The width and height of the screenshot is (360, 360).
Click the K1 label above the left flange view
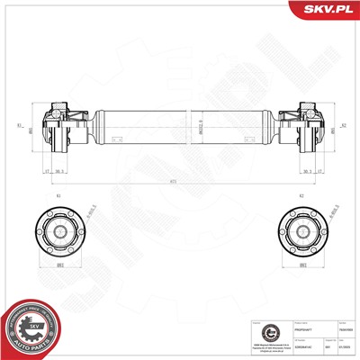(x=58, y=195)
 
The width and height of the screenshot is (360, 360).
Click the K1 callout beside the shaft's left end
(x=18, y=126)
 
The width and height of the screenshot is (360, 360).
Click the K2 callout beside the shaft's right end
(x=343, y=126)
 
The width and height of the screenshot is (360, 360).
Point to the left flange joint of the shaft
(x=60, y=129)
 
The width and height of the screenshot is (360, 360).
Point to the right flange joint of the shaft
(x=300, y=129)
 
